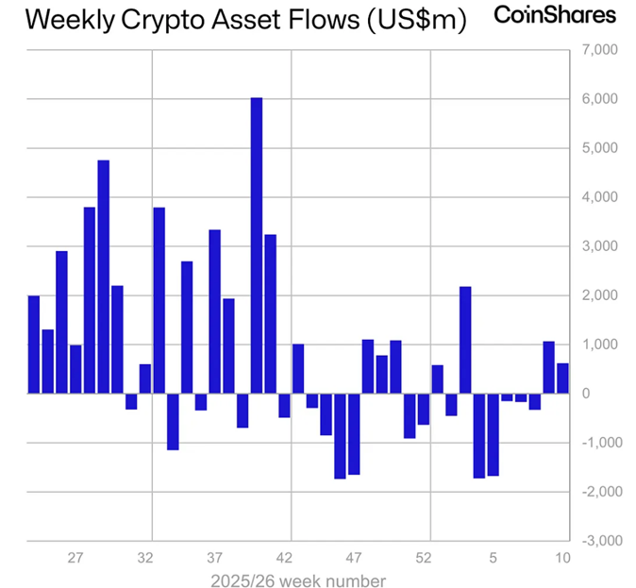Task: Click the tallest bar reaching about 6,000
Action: click(x=256, y=245)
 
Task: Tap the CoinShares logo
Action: click(x=555, y=16)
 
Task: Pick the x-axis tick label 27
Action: click(x=76, y=558)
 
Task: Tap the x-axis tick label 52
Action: click(x=424, y=558)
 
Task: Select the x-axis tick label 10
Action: click(x=561, y=558)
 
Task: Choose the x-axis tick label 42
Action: click(x=285, y=558)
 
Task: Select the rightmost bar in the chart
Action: click(x=562, y=378)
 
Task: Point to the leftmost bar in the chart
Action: click(x=34, y=344)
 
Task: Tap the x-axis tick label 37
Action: click(x=215, y=558)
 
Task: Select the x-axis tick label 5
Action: click(x=493, y=558)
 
